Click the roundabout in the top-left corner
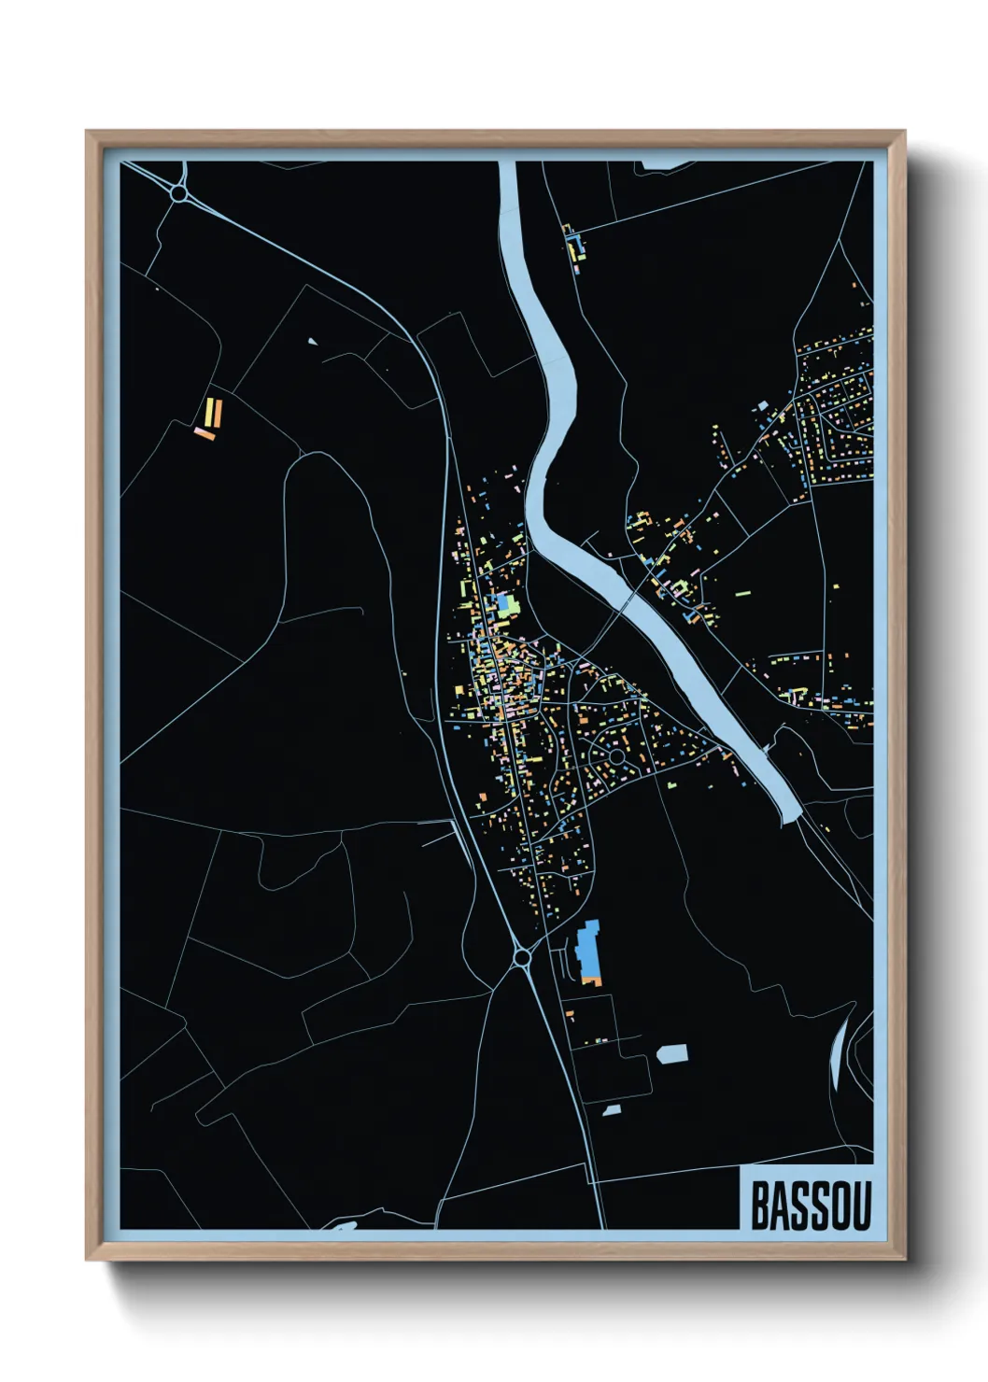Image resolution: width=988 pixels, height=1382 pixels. click(x=177, y=193)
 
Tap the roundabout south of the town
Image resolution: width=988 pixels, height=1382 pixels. click(x=522, y=956)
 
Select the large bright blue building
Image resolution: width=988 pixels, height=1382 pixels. click(x=588, y=948)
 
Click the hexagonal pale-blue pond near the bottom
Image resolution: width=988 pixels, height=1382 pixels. click(x=671, y=1054)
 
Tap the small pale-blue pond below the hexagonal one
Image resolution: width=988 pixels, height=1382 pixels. click(x=612, y=1110)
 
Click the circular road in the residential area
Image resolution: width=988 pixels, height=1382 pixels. click(x=616, y=754)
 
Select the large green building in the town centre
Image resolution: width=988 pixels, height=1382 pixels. click(x=505, y=605)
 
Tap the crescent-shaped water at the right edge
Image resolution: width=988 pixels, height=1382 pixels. click(x=838, y=1051)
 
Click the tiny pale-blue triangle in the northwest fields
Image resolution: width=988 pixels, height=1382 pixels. click(x=312, y=342)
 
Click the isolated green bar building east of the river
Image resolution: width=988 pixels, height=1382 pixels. click(x=743, y=592)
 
